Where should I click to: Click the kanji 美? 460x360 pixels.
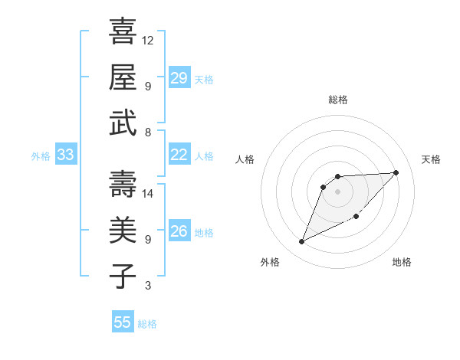tap(123, 229)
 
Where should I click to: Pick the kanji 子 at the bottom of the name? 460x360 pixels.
tap(123, 275)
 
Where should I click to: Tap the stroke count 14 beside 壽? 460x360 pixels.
tap(148, 193)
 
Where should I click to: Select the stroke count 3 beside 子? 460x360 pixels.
tap(147, 286)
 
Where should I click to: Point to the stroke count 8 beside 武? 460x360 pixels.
tap(147, 132)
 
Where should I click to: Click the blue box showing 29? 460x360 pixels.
tap(179, 78)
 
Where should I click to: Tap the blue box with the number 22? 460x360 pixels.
tap(179, 155)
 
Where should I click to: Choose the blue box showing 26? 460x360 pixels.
tap(179, 231)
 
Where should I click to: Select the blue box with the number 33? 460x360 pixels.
tap(65, 155)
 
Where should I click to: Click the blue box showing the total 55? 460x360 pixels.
tap(123, 322)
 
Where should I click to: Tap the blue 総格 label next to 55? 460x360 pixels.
tap(147, 324)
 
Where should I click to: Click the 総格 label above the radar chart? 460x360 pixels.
tap(337, 100)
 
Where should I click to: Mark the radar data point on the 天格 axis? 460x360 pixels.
tap(396, 172)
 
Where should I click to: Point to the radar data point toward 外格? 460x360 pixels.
tap(301, 242)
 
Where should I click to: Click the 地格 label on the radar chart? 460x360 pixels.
tap(402, 262)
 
